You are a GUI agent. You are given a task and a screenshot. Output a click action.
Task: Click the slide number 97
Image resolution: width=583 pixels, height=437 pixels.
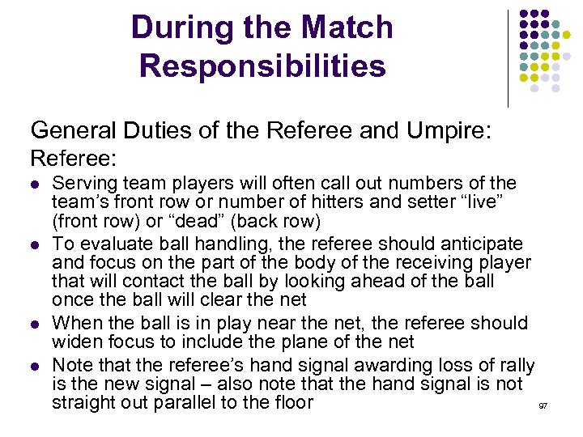[x=543, y=405]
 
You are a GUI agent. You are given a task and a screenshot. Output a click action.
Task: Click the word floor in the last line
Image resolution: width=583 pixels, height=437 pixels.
[x=289, y=402]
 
